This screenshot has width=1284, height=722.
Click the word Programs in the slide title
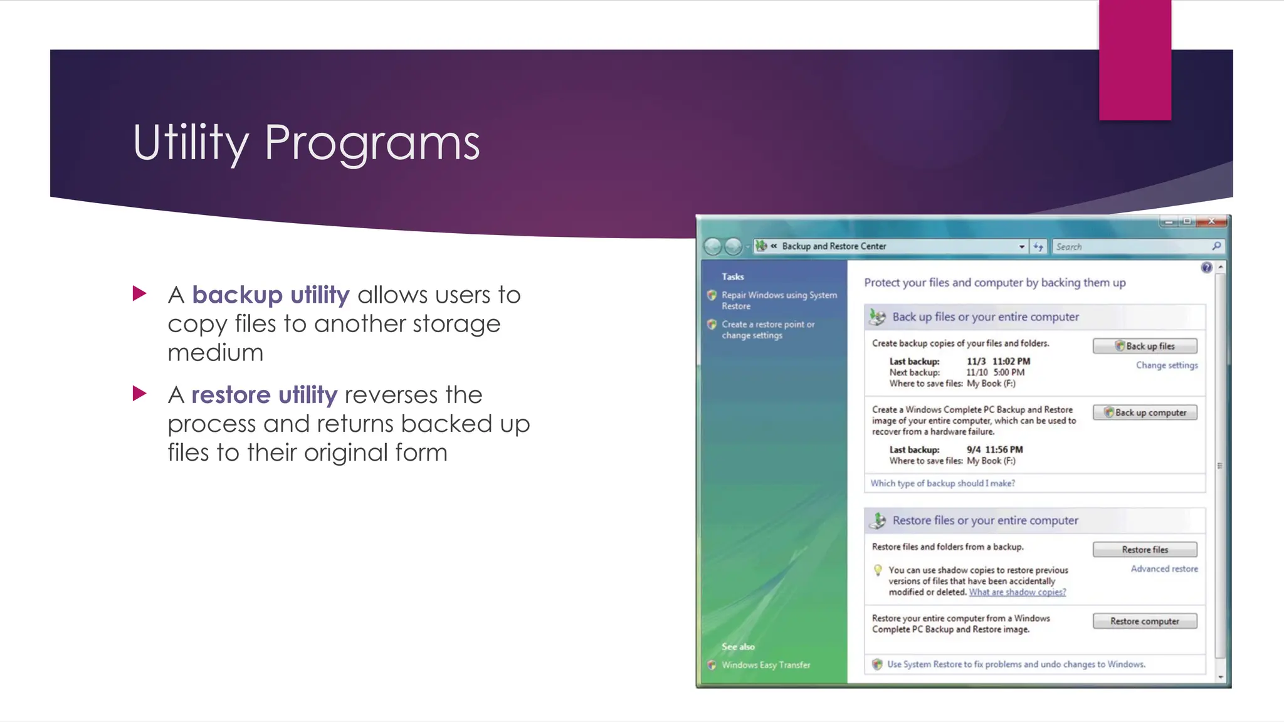click(x=372, y=143)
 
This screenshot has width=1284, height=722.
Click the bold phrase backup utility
click(x=270, y=295)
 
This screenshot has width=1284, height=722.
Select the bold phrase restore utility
click(x=264, y=395)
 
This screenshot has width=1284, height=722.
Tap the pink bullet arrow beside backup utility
click(x=139, y=293)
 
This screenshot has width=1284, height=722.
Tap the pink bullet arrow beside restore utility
click(x=139, y=394)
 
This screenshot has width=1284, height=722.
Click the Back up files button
click(x=1145, y=346)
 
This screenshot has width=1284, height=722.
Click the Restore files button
click(x=1145, y=550)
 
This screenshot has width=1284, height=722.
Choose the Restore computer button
click(x=1145, y=621)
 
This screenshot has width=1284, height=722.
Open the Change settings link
click(x=1167, y=365)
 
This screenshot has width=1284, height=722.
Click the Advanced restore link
click(x=1164, y=569)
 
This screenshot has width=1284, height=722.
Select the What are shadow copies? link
click(x=1017, y=592)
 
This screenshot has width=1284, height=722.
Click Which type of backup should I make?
click(x=942, y=483)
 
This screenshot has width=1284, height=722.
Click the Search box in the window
click(x=1132, y=247)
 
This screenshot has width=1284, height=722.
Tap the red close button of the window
click(x=1212, y=221)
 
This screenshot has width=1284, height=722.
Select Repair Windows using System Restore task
click(x=779, y=300)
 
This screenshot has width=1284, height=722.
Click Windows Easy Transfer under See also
click(x=766, y=665)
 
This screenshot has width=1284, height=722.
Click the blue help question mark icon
click(x=1206, y=268)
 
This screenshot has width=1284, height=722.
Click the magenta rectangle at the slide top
click(x=1135, y=60)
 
